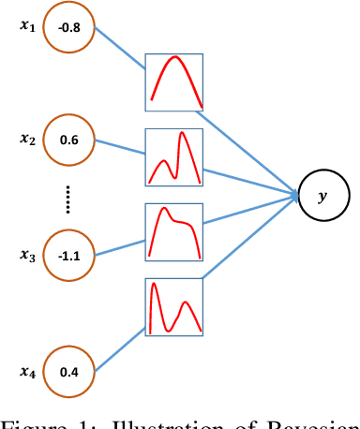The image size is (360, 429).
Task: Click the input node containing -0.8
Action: coord(67,27)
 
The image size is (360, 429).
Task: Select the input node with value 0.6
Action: coord(67,141)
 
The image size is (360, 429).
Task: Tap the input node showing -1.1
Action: coord(67,254)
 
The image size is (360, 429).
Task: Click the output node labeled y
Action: coord(323,196)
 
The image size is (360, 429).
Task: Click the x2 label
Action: coord(27,140)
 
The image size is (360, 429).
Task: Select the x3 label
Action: coord(27,254)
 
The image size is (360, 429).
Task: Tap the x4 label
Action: coord(27,372)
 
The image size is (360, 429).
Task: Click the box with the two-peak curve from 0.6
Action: coord(174,157)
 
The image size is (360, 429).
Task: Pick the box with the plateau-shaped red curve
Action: coord(174,232)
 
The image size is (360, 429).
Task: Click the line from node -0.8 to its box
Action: coord(118,53)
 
